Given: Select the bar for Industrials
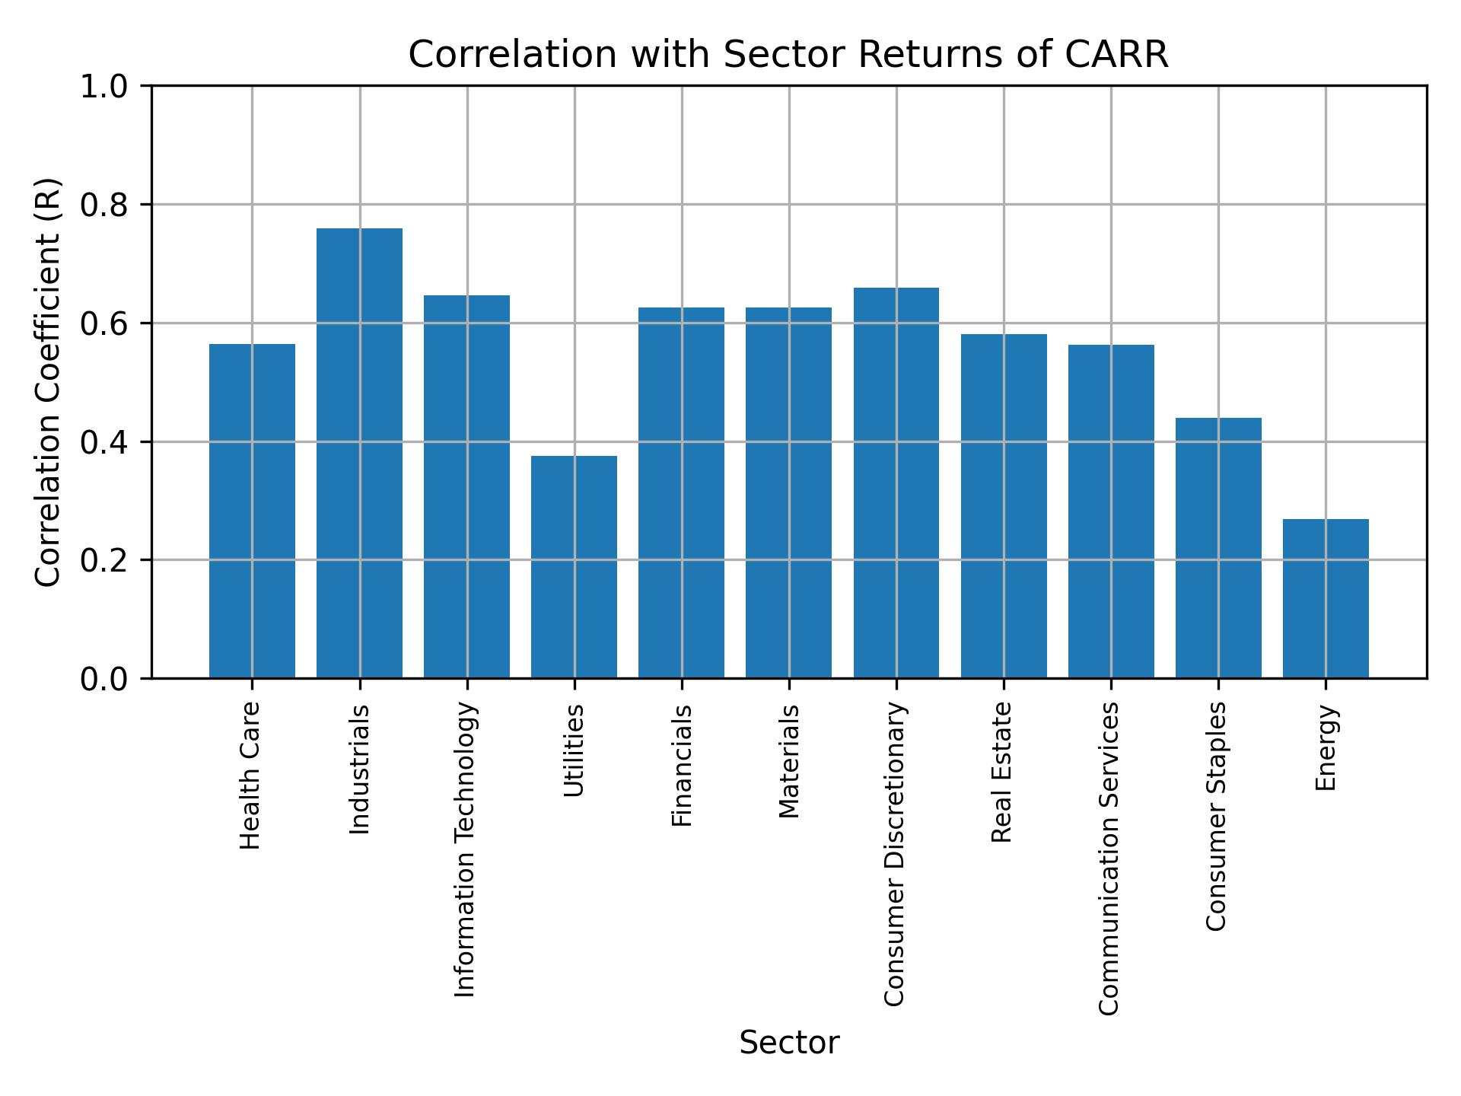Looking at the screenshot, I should tap(359, 453).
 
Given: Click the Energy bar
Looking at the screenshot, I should tap(1326, 598).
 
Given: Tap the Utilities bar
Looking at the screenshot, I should tap(574, 566).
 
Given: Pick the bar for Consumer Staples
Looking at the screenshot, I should tap(1218, 547).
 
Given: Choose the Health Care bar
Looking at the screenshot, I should tap(252, 511).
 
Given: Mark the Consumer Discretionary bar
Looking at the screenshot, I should tap(896, 483).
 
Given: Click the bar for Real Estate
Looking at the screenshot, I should tap(1004, 505).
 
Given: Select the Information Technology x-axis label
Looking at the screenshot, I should tap(465, 849).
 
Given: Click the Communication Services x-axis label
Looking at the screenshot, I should tap(1109, 858).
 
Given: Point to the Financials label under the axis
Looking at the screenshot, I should tap(682, 765).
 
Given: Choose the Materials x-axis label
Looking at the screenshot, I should tap(789, 761).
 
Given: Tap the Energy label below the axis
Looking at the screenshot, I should tap(1326, 747).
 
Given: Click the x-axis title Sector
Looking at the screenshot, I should tap(789, 1043).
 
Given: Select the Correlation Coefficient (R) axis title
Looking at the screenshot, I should tap(47, 382).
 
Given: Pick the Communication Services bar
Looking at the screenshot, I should tap(1111, 511).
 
